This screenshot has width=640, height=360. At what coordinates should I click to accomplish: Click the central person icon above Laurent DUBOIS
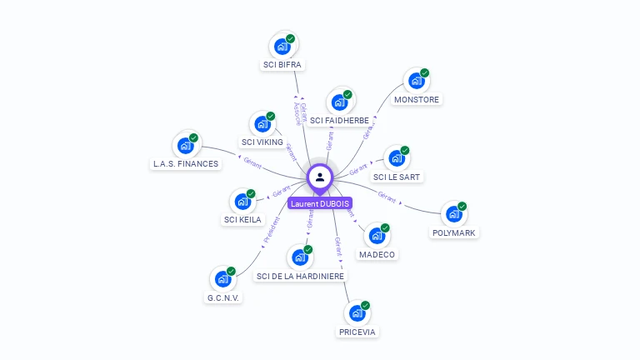(320, 177)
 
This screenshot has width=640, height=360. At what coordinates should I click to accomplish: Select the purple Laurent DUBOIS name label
(320, 203)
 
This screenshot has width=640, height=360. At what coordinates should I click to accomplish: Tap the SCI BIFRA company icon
(282, 47)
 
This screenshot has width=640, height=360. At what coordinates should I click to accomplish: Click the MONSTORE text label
(417, 99)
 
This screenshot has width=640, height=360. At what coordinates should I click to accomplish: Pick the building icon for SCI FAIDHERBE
(338, 102)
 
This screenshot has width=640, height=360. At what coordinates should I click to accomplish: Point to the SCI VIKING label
(262, 142)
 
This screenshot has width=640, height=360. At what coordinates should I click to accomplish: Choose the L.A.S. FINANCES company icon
(185, 146)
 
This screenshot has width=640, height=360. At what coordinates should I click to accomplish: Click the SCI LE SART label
(397, 177)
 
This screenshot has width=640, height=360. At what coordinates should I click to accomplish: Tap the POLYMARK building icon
(454, 215)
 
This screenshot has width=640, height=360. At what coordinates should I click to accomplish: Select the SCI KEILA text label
(242, 220)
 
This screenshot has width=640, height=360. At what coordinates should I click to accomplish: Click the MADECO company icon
(377, 237)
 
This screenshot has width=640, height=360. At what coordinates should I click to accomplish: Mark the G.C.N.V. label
(223, 297)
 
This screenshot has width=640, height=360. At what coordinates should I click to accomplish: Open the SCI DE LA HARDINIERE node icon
(300, 258)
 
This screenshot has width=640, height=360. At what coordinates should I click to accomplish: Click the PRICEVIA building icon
(357, 314)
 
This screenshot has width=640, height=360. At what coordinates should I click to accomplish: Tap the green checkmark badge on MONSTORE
(424, 73)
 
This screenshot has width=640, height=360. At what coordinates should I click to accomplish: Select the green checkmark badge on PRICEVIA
(365, 306)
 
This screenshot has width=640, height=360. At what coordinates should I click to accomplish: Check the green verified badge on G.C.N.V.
(231, 271)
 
